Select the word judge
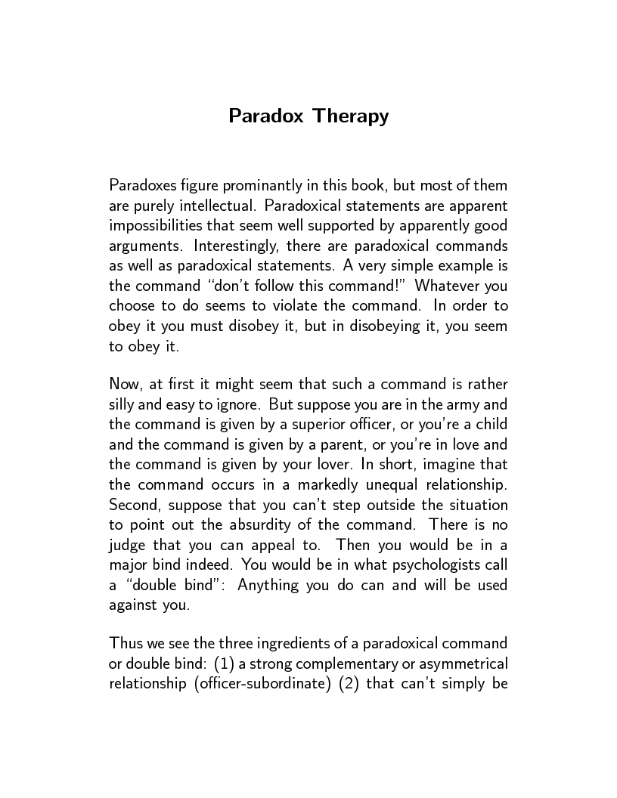(x=127, y=545)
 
